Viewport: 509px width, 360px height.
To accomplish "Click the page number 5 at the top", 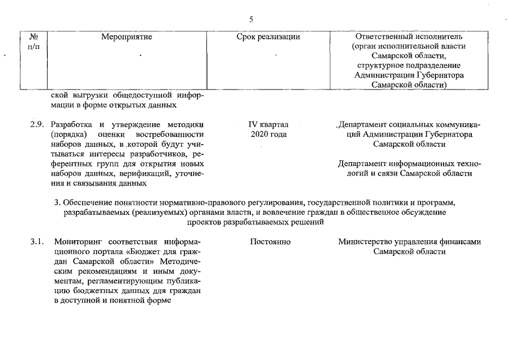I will pyautogui.click(x=251, y=19).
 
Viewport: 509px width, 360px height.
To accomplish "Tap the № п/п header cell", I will pyautogui.click(x=34, y=41).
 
